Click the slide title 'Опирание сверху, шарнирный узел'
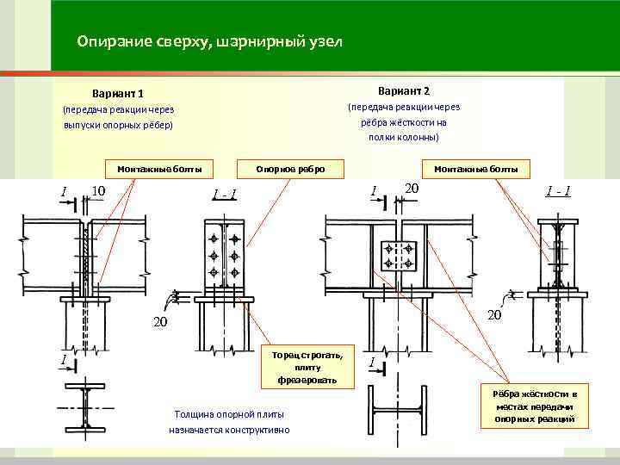pyautogui.click(x=208, y=41)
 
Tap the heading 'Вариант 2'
pyautogui.click(x=403, y=90)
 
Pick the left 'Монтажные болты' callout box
pyautogui.click(x=159, y=168)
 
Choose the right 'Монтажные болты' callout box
pyautogui.click(x=476, y=168)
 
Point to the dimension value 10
pyautogui.click(x=98, y=190)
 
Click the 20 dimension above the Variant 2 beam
pyautogui.click(x=412, y=189)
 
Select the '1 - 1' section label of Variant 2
pyautogui.click(x=555, y=190)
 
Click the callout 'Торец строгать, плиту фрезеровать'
pyautogui.click(x=301, y=367)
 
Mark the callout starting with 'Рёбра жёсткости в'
pyautogui.click(x=534, y=406)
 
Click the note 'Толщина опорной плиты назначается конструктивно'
pyautogui.click(x=229, y=421)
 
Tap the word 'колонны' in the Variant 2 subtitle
pyautogui.click(x=418, y=136)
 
